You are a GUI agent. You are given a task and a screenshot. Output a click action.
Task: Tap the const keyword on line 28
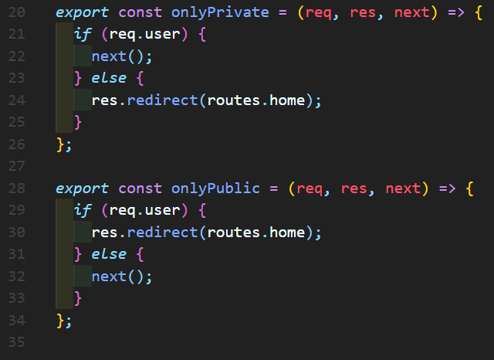[x=140, y=188]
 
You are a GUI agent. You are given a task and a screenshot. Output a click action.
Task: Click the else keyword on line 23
[x=108, y=78]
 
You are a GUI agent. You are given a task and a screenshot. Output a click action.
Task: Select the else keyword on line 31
[x=108, y=253]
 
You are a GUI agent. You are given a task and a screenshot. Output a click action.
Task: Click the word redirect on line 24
[x=161, y=100]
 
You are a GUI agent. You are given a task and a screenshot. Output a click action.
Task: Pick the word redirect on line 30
[x=161, y=232]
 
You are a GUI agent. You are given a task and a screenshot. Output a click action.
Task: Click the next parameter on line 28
[x=402, y=188]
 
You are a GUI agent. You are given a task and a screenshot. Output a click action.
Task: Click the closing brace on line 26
[x=60, y=144]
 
